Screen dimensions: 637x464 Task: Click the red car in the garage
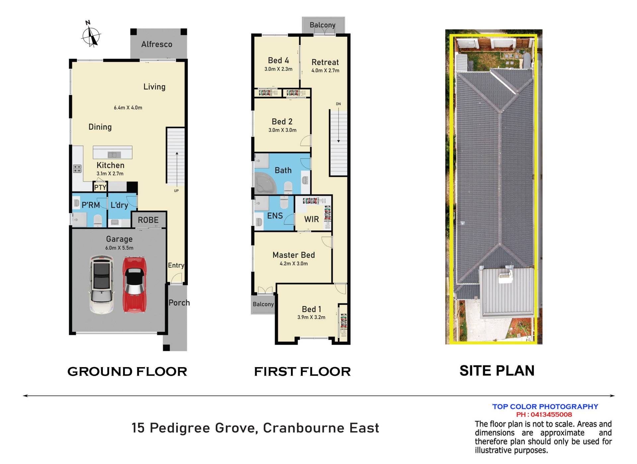point(134,284)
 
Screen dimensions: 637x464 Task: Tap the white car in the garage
point(102,284)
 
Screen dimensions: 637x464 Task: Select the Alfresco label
point(157,44)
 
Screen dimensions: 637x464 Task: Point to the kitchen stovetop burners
point(77,169)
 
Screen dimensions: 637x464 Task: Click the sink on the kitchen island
point(114,155)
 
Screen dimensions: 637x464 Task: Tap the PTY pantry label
point(100,188)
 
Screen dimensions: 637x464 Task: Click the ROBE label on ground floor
point(148,220)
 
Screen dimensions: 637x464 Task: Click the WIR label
point(312,219)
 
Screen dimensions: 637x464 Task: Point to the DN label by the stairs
point(338,104)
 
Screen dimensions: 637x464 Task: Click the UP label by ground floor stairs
point(176,191)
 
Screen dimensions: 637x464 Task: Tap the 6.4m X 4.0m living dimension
point(128,108)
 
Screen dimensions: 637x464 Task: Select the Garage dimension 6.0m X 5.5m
point(119,248)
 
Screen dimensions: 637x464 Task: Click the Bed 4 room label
point(278,60)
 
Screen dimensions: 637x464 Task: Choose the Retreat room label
point(325,62)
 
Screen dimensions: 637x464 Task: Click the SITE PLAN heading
point(497,371)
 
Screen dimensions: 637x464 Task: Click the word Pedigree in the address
point(180,428)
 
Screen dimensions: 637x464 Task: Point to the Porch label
point(179,303)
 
